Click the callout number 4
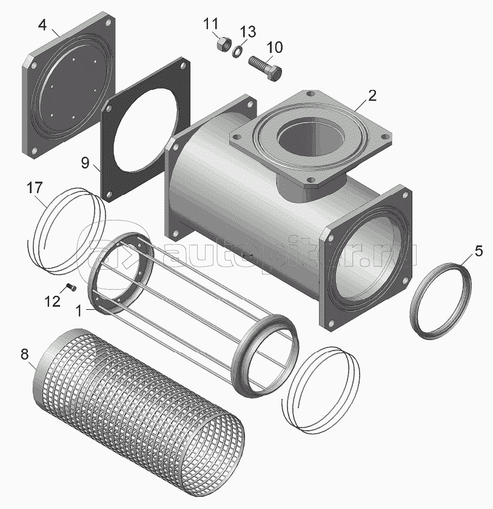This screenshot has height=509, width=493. [x=42, y=25]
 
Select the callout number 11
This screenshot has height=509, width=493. [x=211, y=24]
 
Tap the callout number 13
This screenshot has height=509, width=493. [x=248, y=32]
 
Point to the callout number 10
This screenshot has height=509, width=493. [x=275, y=47]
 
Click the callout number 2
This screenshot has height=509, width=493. [x=372, y=95]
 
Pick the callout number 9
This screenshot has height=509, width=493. [x=85, y=163]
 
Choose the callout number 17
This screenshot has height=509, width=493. [x=35, y=188]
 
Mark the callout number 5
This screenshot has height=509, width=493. [x=478, y=251]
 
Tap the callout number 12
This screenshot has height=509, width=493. [x=53, y=301]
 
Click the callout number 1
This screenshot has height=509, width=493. [x=79, y=311]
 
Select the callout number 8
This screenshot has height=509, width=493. [x=25, y=354]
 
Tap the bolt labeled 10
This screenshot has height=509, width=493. [x=265, y=68]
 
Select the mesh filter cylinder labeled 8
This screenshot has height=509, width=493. [x=139, y=394]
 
